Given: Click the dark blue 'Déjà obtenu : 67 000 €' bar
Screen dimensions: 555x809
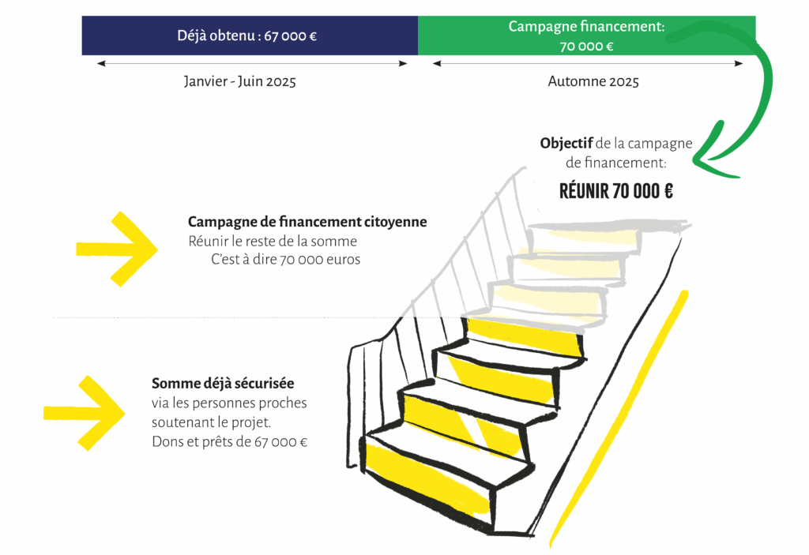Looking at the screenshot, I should coord(250,36).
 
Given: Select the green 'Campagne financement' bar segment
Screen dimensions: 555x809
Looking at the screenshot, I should coord(586,36).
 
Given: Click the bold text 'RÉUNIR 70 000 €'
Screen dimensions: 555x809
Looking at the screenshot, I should coord(615,191).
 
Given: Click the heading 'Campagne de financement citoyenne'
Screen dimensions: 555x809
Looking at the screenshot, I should coord(307,223).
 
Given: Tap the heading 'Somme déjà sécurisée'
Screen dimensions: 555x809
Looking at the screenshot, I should coord(223,384).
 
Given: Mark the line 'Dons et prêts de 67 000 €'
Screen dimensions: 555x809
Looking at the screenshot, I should coord(229,442).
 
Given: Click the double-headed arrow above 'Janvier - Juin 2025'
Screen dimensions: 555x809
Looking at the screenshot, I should coord(253,64).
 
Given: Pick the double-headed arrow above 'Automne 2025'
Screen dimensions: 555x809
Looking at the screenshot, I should coord(588,64).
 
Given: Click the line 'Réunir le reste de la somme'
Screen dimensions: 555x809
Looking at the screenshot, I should coord(273,242).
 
